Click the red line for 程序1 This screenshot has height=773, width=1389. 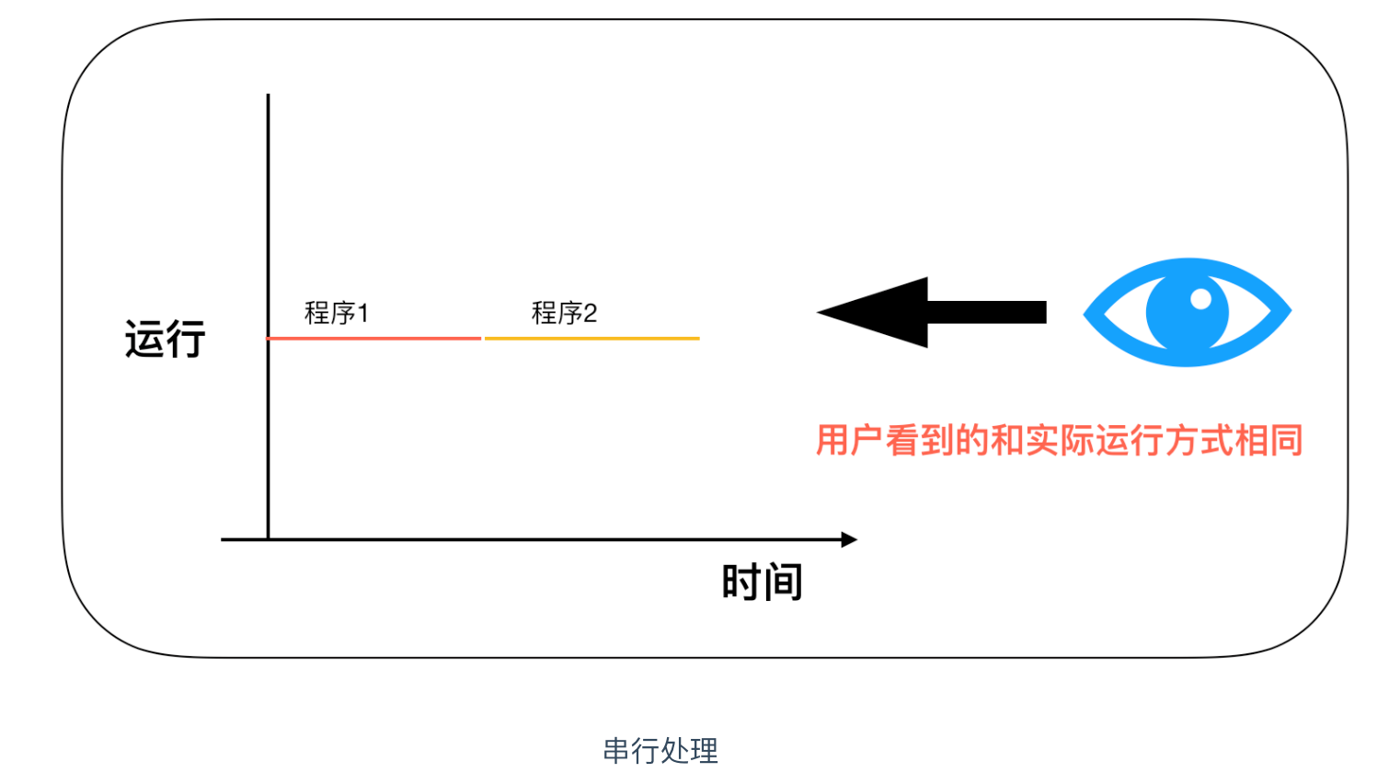click(373, 338)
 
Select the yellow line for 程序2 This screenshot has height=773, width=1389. click(592, 338)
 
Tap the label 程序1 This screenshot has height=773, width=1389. click(337, 313)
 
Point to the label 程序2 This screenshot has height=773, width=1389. click(564, 313)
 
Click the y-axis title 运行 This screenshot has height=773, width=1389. click(165, 339)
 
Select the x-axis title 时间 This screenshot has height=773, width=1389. click(763, 582)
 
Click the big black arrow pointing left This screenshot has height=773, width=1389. click(932, 312)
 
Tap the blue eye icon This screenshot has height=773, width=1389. click(1187, 312)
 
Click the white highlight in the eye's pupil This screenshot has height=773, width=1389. click(1201, 299)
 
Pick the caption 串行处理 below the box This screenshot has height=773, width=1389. click(660, 751)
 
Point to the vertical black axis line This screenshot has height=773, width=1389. click(268, 317)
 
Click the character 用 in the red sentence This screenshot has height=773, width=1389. click(832, 441)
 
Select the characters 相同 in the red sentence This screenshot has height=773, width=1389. click(1268, 441)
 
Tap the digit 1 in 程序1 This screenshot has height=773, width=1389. click(363, 313)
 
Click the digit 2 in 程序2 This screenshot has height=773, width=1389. click(590, 313)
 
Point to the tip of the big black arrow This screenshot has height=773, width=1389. click(817, 312)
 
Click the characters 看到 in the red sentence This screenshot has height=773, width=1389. click(920, 441)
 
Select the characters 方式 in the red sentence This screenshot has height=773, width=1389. click(1199, 441)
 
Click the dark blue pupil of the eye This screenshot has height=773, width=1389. click(1187, 312)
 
